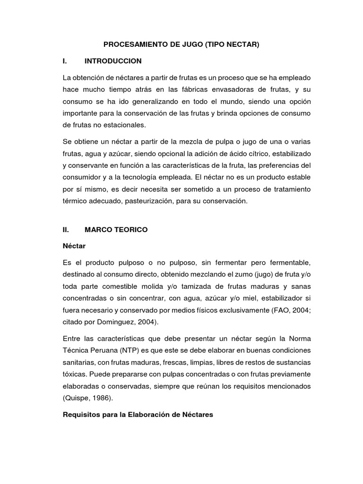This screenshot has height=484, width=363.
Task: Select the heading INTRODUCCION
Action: pos(113,61)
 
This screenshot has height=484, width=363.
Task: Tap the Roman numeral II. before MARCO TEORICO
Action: pos(66,230)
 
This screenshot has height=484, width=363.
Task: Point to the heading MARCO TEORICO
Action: pos(116,230)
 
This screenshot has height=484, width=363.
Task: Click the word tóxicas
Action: pos(75,374)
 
